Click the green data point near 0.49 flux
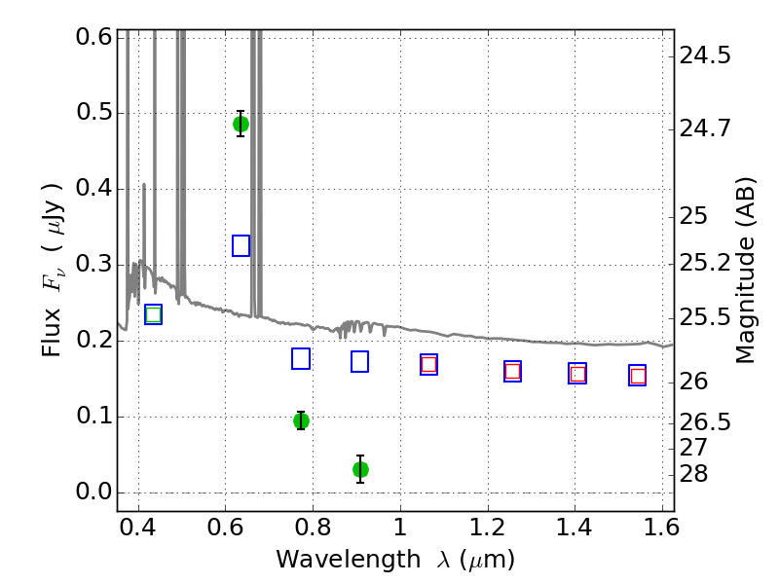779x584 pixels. pos(241,125)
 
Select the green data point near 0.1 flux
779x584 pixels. pos(301,421)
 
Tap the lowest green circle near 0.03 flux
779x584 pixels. pos(360,469)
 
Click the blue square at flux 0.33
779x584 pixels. pos(241,246)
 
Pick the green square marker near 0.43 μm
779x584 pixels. pos(154,314)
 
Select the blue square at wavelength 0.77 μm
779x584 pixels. pos(301,358)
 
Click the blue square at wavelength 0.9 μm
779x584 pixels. pos(359,361)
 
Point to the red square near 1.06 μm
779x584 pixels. pos(428,364)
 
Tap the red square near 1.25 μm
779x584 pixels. pos(513,371)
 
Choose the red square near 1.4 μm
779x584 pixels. pos(577,374)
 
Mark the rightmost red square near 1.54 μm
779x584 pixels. pos(638,376)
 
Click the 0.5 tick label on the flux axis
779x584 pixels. pos(93,113)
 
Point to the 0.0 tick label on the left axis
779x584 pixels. pos(93,493)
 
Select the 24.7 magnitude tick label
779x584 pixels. pos(705,129)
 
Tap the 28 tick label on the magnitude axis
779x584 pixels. pos(693,474)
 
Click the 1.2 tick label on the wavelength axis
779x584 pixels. pos(488,527)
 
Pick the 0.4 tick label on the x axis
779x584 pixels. pos(138,527)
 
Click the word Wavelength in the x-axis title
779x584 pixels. pos(349,560)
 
